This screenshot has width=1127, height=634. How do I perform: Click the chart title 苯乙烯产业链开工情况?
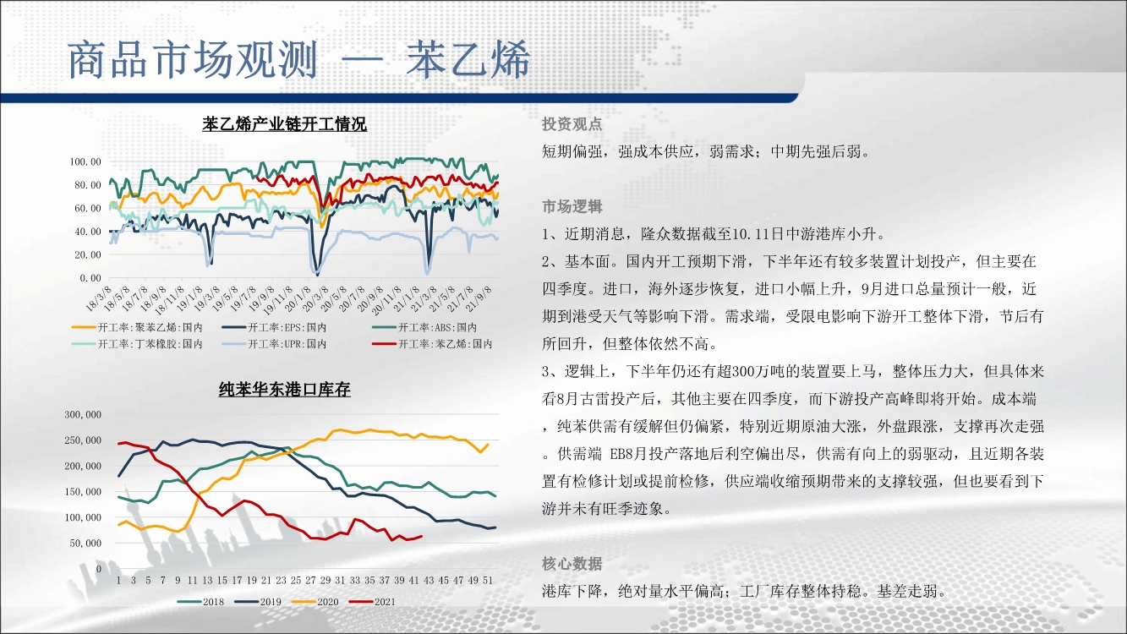(x=284, y=124)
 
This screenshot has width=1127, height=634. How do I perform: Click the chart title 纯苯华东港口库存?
(x=284, y=389)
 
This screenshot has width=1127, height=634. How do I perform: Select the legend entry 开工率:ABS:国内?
(x=424, y=328)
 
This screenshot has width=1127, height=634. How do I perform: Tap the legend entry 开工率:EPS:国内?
(x=274, y=328)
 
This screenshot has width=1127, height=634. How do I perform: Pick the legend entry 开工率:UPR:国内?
(x=274, y=344)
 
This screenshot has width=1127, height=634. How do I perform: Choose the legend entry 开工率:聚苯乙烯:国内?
(x=137, y=328)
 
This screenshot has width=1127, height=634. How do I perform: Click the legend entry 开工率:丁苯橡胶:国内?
(x=137, y=344)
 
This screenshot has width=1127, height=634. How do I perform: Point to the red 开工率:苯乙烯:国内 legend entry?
(x=432, y=344)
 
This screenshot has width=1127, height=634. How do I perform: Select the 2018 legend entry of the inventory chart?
(x=200, y=602)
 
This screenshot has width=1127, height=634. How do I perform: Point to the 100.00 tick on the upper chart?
(x=85, y=162)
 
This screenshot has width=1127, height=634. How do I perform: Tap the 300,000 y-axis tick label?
(x=83, y=414)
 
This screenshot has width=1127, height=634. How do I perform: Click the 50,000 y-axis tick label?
(x=85, y=544)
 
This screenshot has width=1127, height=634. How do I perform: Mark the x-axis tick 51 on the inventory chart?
(x=488, y=580)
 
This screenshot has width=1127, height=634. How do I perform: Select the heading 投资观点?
(x=572, y=123)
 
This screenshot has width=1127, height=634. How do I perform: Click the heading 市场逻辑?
(x=572, y=206)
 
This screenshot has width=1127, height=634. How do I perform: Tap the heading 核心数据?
(x=572, y=564)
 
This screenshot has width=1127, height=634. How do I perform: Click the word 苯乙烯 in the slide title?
(x=468, y=59)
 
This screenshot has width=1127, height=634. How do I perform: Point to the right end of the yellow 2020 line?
(x=488, y=445)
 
